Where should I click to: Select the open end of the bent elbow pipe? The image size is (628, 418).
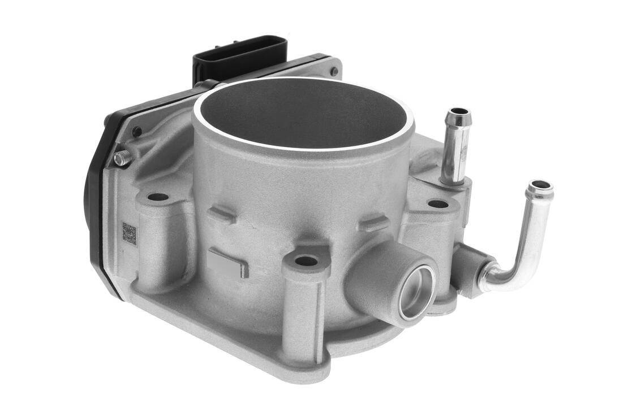click(x=540, y=186)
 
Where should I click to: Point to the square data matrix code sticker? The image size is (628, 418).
click(x=130, y=234)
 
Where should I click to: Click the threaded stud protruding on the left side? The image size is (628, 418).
click(x=122, y=158)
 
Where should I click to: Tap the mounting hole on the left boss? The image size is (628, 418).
click(x=158, y=198)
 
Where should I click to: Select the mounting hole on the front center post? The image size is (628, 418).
click(x=306, y=261)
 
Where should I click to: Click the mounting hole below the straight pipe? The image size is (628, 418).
click(x=437, y=203)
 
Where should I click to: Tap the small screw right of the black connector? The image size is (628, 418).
click(x=334, y=72)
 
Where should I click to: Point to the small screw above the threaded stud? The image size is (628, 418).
click(x=136, y=132)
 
